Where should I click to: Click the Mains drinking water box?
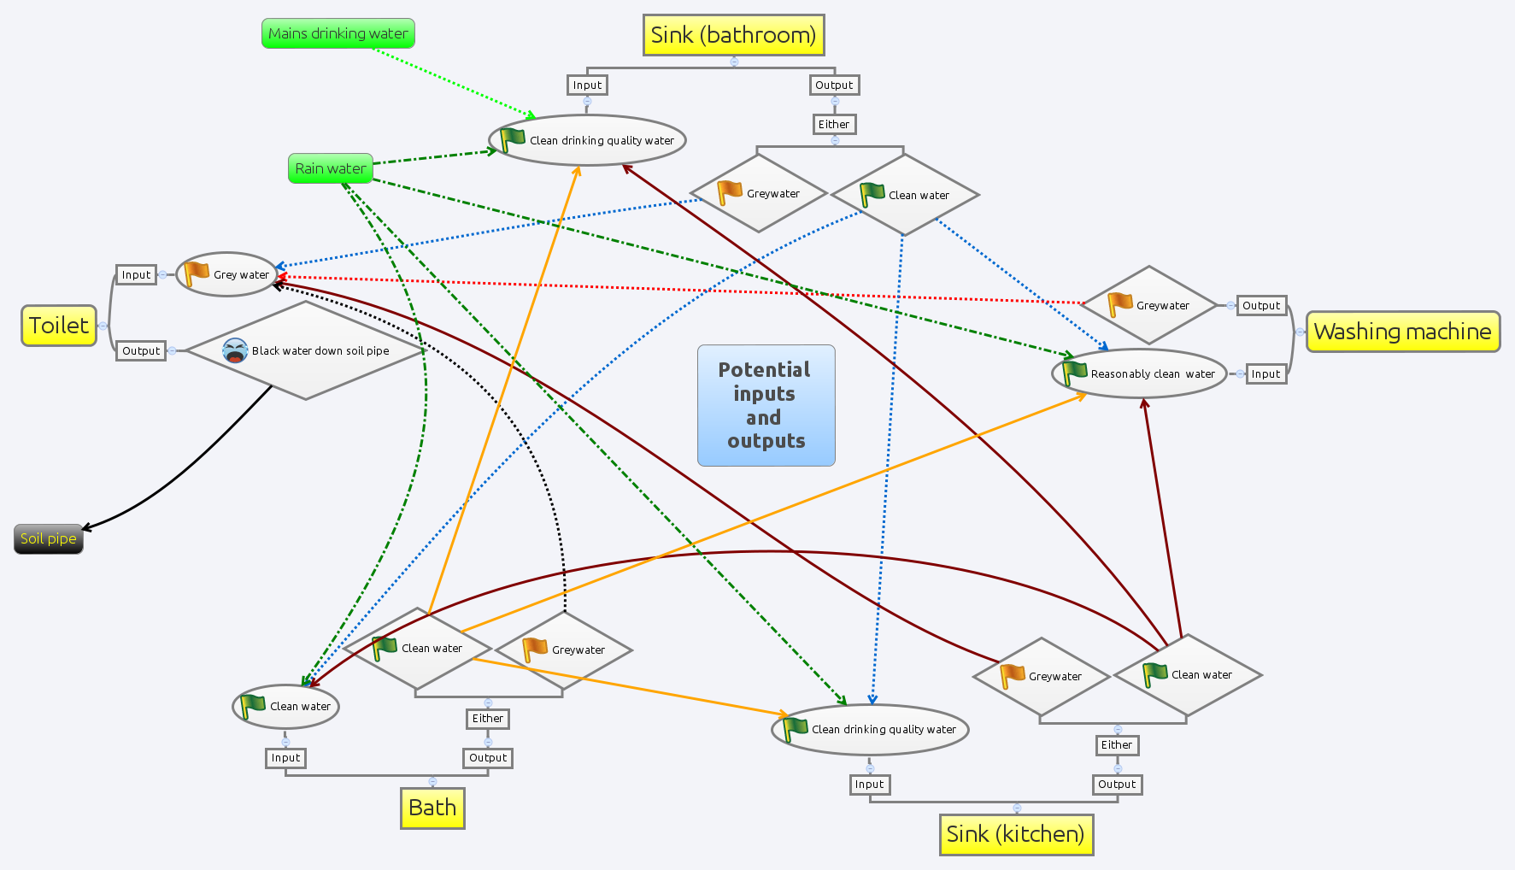(x=338, y=33)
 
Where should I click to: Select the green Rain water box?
(x=330, y=168)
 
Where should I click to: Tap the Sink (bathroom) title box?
(x=733, y=35)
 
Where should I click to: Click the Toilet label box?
(x=59, y=326)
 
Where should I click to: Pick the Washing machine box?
(x=1402, y=332)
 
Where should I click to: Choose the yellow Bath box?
(x=432, y=808)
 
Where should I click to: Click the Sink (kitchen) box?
(x=1015, y=834)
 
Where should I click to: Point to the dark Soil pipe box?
(x=49, y=538)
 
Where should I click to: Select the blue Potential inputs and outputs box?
(x=766, y=405)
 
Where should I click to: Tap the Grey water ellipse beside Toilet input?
(x=227, y=274)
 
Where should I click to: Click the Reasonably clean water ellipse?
(x=1139, y=373)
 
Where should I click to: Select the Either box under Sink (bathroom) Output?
(x=834, y=125)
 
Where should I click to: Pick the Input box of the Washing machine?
(x=1265, y=374)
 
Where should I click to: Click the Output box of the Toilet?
(x=141, y=350)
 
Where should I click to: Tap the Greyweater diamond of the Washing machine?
(x=1149, y=305)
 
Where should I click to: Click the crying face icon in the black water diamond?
(x=235, y=350)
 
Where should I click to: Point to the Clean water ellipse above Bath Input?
(x=285, y=706)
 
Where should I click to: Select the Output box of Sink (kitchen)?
(x=1117, y=785)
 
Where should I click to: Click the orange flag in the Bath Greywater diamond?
(x=535, y=649)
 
